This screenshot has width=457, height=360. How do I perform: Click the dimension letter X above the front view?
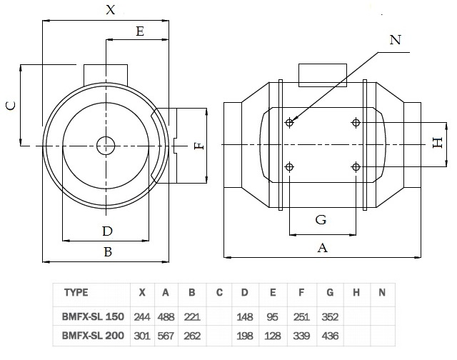coord(109,10)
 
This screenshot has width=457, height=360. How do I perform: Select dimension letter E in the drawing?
coord(139,31)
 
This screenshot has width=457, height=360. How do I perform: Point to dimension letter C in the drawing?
coord(10,105)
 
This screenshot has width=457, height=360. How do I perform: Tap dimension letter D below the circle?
coord(107,231)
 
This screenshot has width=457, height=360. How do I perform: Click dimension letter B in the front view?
coord(107,251)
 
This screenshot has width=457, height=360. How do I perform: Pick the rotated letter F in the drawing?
coord(199,145)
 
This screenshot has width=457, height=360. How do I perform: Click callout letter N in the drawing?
coord(395,40)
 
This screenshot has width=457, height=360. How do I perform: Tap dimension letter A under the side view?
coord(322,247)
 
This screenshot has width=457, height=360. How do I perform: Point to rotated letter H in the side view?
coord(438,143)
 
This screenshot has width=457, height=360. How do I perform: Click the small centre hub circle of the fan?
coord(106,145)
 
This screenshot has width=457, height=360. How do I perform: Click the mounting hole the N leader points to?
coord(289,123)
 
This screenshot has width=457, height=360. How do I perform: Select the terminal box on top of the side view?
coord(321,74)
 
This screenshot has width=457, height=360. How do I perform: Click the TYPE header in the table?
coord(76,292)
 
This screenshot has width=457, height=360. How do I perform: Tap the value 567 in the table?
coord(166,334)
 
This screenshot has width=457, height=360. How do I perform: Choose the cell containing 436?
coord(329,334)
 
